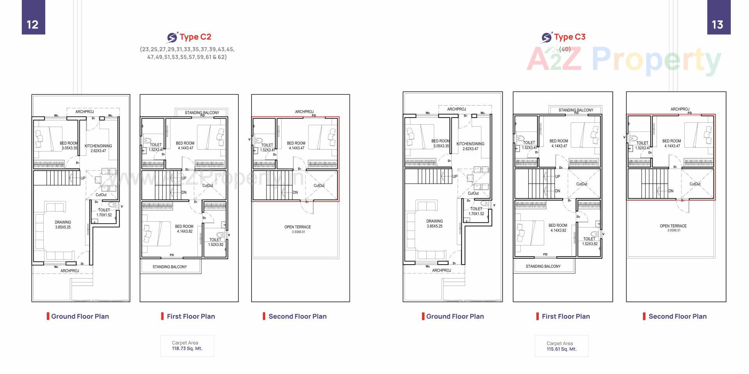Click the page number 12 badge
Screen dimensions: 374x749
tap(33, 24)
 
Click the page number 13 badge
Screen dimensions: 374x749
tap(718, 24)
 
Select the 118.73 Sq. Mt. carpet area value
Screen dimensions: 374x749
tap(187, 349)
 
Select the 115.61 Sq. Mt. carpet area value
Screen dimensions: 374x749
tap(561, 349)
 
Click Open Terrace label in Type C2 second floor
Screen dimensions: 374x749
tap(297, 227)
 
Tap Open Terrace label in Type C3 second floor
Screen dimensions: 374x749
tap(673, 226)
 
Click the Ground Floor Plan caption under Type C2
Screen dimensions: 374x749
tap(80, 316)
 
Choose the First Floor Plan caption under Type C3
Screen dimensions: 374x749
tap(565, 316)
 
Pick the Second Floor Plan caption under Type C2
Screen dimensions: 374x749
tap(297, 316)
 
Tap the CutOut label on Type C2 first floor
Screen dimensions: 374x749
tap(208, 185)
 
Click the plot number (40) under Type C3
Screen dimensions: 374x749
tap(564, 49)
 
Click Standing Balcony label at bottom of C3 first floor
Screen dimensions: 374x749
tap(543, 266)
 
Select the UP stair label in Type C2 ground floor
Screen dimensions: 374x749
tap(83, 178)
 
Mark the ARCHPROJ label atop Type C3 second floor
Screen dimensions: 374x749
tap(680, 109)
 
